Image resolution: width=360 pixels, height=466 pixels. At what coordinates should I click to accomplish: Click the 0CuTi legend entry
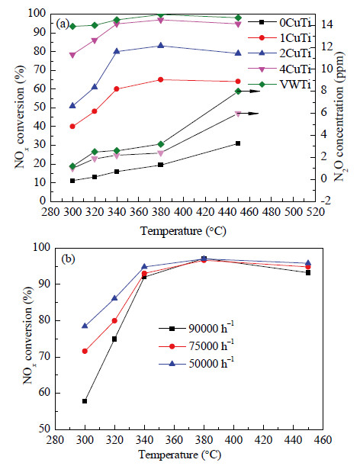coord(279,22)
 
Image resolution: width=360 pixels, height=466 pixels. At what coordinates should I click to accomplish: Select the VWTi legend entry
coord(279,85)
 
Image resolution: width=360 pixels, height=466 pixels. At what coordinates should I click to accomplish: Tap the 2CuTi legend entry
coord(279,53)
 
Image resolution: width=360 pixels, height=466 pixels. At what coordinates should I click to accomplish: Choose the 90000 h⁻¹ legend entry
coord(196,329)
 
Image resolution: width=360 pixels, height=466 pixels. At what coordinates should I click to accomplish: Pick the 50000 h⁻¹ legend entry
coord(196,364)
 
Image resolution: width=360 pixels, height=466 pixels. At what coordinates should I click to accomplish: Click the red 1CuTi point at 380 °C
coord(160,79)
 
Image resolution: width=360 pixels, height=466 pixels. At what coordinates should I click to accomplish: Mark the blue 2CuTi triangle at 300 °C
coord(72,105)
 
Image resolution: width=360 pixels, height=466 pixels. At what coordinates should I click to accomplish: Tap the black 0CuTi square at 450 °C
coord(238,143)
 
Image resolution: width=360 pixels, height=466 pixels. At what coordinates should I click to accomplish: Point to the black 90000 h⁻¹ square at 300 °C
coord(85,401)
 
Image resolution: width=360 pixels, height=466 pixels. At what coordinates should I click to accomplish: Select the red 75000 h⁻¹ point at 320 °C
coord(114,320)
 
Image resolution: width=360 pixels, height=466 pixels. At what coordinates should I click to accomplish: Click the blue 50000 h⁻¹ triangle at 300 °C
coord(85,326)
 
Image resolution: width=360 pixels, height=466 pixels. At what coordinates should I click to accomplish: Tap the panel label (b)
coord(68,259)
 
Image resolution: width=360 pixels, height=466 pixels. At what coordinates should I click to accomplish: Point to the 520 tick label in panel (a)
coord(316,212)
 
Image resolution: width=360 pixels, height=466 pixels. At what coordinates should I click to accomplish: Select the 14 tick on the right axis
coord(324,24)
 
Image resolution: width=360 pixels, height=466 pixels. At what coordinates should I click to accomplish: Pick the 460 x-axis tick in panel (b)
coord(323,439)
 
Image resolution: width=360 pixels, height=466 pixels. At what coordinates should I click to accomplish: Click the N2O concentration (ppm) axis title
coord(339,117)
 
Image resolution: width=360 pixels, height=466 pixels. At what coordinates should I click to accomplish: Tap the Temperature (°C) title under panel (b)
coord(179,455)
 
